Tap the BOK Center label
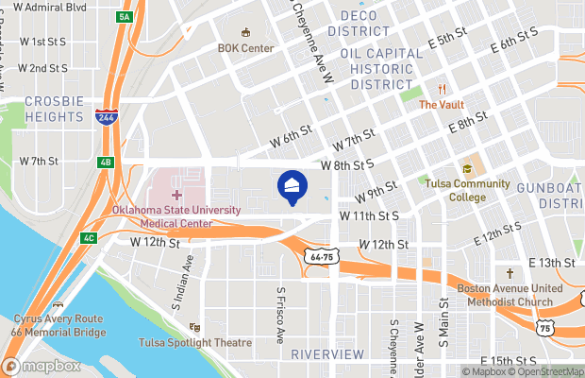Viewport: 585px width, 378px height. (x=245, y=48)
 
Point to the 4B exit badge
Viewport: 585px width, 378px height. (x=106, y=161)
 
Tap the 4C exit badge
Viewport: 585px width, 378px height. (x=89, y=237)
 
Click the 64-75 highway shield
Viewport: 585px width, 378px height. (x=321, y=256)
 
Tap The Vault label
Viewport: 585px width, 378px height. (x=442, y=105)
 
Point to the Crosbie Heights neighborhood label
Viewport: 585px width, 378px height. (x=54, y=109)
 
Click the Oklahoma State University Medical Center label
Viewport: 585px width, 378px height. (x=176, y=216)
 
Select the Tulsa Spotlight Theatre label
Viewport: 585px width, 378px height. (x=195, y=342)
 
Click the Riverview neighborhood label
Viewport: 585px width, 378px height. (x=327, y=353)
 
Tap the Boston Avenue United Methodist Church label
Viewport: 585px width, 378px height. (x=504, y=296)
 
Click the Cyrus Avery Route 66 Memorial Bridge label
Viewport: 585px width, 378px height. (x=58, y=326)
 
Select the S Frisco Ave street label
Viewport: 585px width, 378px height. (x=280, y=315)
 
